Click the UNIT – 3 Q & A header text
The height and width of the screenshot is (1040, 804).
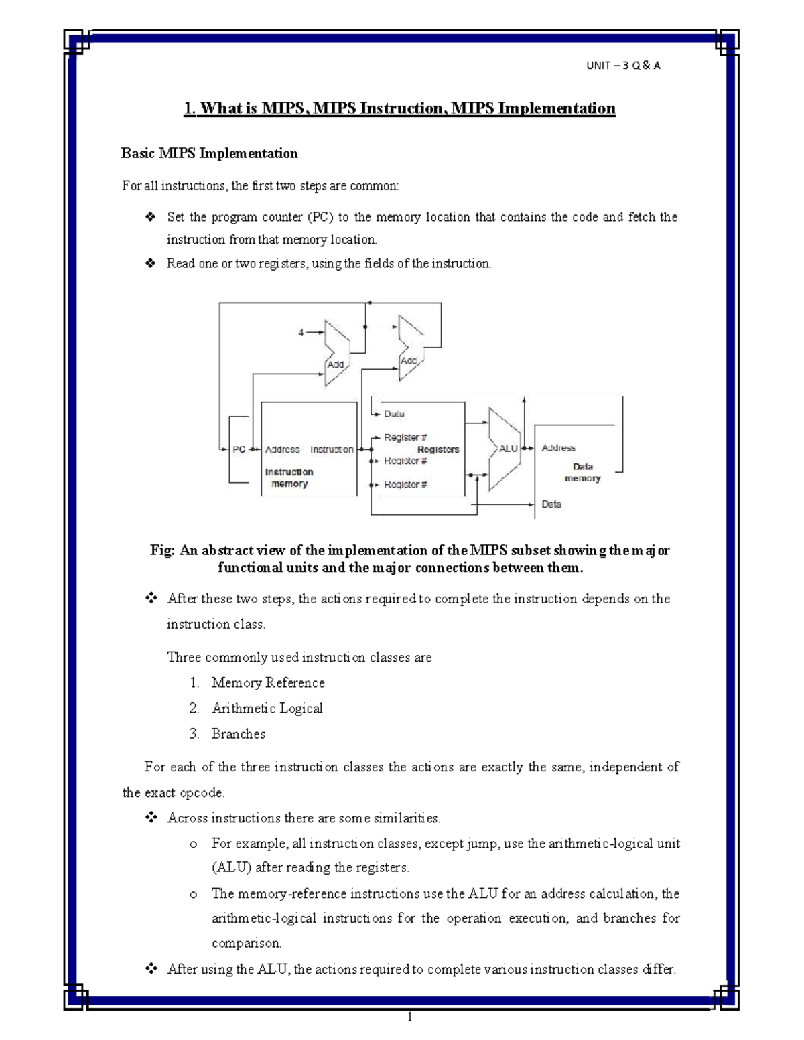[623, 65]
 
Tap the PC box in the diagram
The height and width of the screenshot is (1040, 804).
[239, 449]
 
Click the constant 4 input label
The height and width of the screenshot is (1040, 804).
[301, 332]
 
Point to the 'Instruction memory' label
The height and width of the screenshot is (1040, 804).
[289, 477]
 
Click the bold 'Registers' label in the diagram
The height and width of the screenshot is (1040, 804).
[438, 449]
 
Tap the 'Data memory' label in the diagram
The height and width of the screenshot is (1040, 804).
[583, 472]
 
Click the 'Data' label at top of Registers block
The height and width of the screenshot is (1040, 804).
[394, 414]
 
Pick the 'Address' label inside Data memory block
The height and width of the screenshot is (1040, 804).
[558, 448]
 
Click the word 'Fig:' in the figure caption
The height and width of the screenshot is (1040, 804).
[162, 550]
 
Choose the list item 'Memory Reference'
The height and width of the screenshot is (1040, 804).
[268, 682]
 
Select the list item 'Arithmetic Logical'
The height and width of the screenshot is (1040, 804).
[267, 708]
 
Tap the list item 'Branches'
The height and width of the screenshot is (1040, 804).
[238, 733]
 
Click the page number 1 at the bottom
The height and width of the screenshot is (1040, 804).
[409, 1018]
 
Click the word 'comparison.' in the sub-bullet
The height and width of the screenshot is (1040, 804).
[246, 943]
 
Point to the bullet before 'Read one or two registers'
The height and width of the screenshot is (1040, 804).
[150, 263]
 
